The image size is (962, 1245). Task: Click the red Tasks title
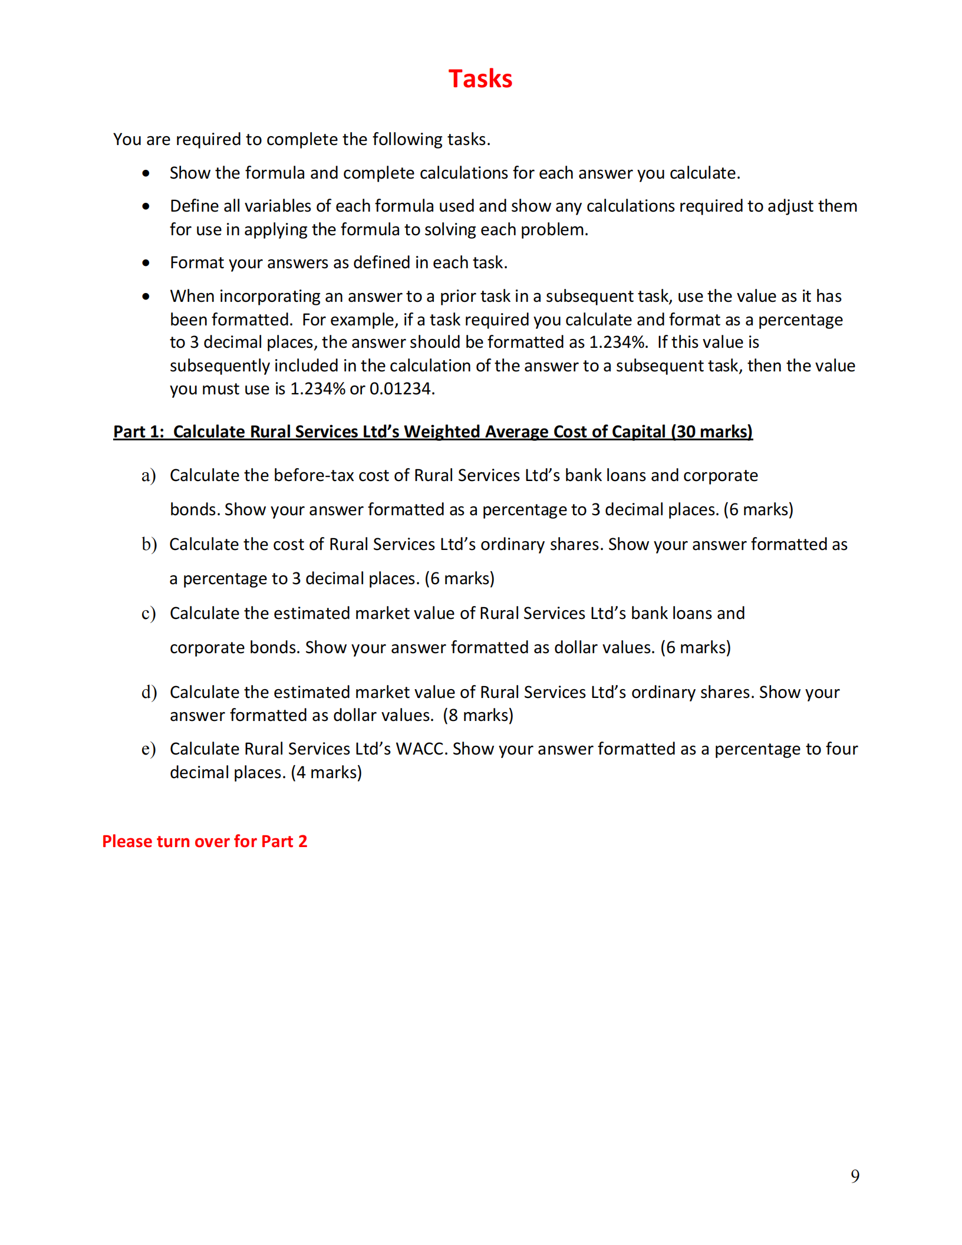(480, 79)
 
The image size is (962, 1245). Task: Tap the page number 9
(855, 1176)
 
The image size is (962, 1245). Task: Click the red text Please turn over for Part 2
(205, 841)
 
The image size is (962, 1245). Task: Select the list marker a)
(149, 475)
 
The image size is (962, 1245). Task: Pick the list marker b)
(149, 544)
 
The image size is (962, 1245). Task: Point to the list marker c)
(149, 613)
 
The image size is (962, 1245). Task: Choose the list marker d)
(149, 692)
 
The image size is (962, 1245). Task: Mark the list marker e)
(149, 749)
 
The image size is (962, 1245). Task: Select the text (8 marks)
(478, 715)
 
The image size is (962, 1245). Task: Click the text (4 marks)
(326, 772)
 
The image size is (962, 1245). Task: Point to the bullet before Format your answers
(146, 263)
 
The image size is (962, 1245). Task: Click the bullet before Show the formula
(146, 173)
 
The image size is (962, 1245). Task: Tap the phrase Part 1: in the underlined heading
(139, 432)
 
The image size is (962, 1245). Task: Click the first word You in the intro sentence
(127, 139)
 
